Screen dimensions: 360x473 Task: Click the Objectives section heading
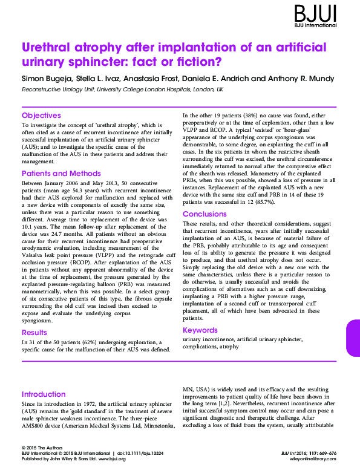coord(41,115)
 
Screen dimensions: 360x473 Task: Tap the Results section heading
coord(34,333)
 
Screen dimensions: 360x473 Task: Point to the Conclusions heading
coord(205,214)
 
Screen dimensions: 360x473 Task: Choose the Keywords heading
coord(200,330)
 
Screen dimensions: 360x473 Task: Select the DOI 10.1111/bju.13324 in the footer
coord(145,453)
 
